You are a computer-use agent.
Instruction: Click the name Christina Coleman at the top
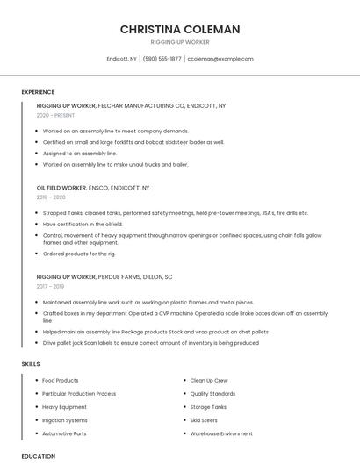click(179, 29)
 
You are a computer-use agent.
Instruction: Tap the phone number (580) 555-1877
click(162, 59)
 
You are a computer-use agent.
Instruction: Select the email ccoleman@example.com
click(221, 59)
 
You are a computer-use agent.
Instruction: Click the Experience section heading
click(38, 92)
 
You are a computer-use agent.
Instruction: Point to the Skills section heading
click(31, 363)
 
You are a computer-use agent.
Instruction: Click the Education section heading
click(39, 456)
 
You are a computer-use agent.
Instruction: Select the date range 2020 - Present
click(55, 116)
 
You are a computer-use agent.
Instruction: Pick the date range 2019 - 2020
click(52, 197)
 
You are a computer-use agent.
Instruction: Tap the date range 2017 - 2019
click(50, 286)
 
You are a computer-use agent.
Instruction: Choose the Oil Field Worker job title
click(61, 188)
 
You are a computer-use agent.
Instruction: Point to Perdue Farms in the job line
click(119, 276)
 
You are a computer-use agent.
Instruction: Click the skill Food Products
click(61, 380)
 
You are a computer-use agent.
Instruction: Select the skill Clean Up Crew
click(209, 380)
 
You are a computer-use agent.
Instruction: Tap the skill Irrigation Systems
click(66, 420)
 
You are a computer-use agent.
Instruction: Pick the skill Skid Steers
click(205, 420)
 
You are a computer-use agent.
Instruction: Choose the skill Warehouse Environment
click(221, 433)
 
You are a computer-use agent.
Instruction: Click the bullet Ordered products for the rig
click(79, 254)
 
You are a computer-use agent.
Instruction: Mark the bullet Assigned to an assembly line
click(80, 153)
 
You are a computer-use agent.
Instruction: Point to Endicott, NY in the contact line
click(122, 59)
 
